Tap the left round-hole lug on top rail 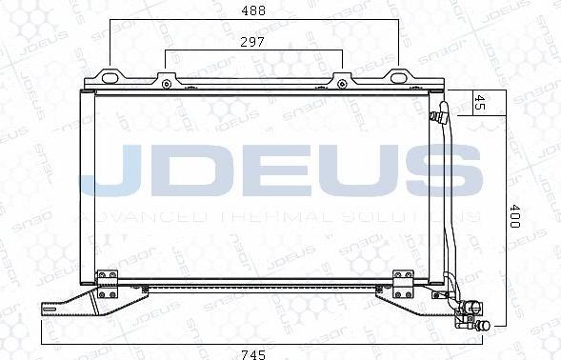pos(167,81)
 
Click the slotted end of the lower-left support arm pos(50,307)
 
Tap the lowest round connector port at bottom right pos(484,326)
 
